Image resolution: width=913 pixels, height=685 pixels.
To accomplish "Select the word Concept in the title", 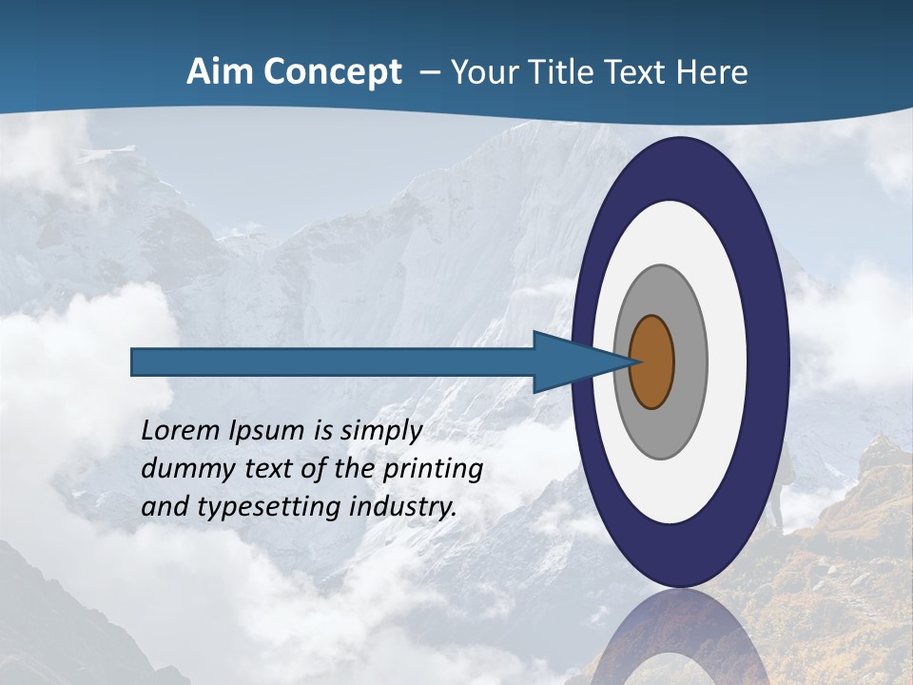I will click(331, 72).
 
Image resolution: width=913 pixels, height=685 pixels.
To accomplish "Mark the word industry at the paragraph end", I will click(403, 507).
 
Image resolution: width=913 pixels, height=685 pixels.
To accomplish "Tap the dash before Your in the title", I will click(430, 73).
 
